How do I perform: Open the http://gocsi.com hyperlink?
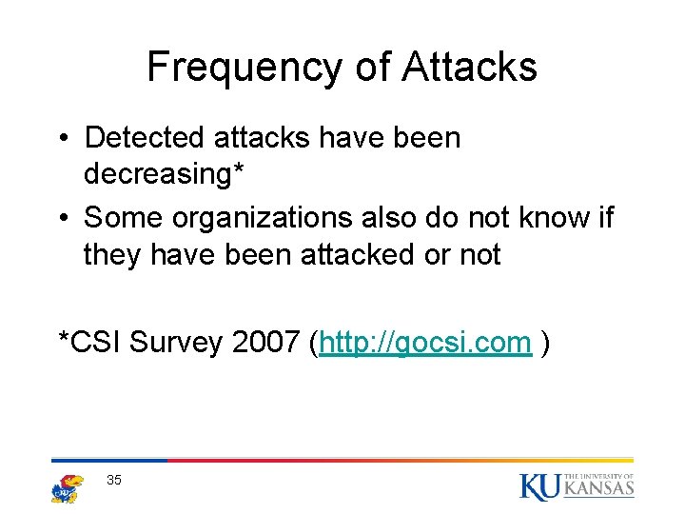pyautogui.click(x=425, y=343)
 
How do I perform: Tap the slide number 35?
pyautogui.click(x=114, y=481)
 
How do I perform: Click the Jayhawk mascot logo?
pyautogui.click(x=67, y=487)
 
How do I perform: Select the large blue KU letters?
pyautogui.click(x=538, y=485)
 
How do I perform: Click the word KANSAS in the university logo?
pyautogui.click(x=598, y=489)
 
